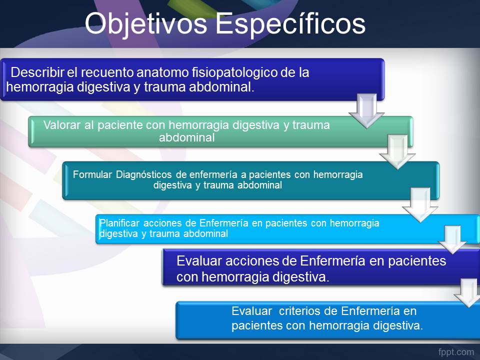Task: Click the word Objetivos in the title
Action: click(146, 24)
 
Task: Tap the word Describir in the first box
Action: click(37, 72)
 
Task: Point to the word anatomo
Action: click(162, 73)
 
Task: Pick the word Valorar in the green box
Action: click(62, 125)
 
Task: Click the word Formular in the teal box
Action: click(92, 174)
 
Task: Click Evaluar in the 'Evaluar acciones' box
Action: click(199, 261)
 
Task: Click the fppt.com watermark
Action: click(456, 352)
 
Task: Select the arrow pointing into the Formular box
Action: click(397, 152)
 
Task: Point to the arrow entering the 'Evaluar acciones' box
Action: click(452, 239)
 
